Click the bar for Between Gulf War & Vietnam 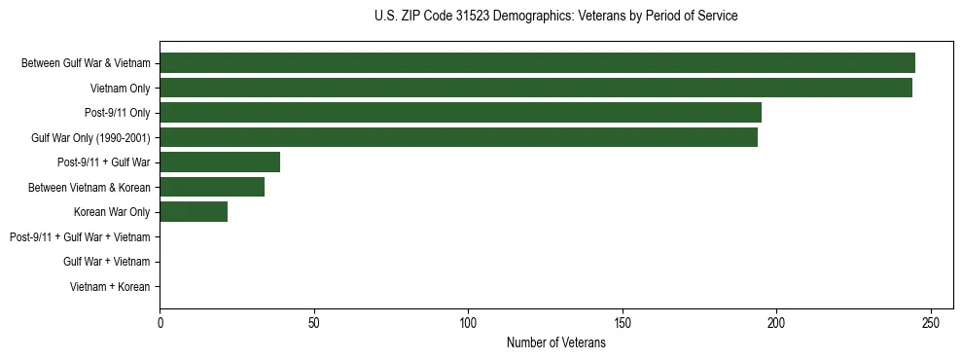(537, 63)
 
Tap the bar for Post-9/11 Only (460, 113)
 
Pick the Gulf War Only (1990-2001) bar (458, 137)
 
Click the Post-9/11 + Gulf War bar (220, 162)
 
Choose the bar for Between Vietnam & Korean (212, 187)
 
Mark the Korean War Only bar (194, 212)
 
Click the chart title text (555, 17)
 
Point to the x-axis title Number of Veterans (555, 342)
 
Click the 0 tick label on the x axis (160, 323)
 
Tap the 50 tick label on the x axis (314, 323)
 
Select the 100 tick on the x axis (468, 323)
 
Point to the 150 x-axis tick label (623, 323)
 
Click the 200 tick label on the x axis (776, 323)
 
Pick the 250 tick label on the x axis (931, 323)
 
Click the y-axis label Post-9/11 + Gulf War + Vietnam (80, 237)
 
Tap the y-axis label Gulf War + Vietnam (106, 262)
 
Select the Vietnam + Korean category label (110, 287)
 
